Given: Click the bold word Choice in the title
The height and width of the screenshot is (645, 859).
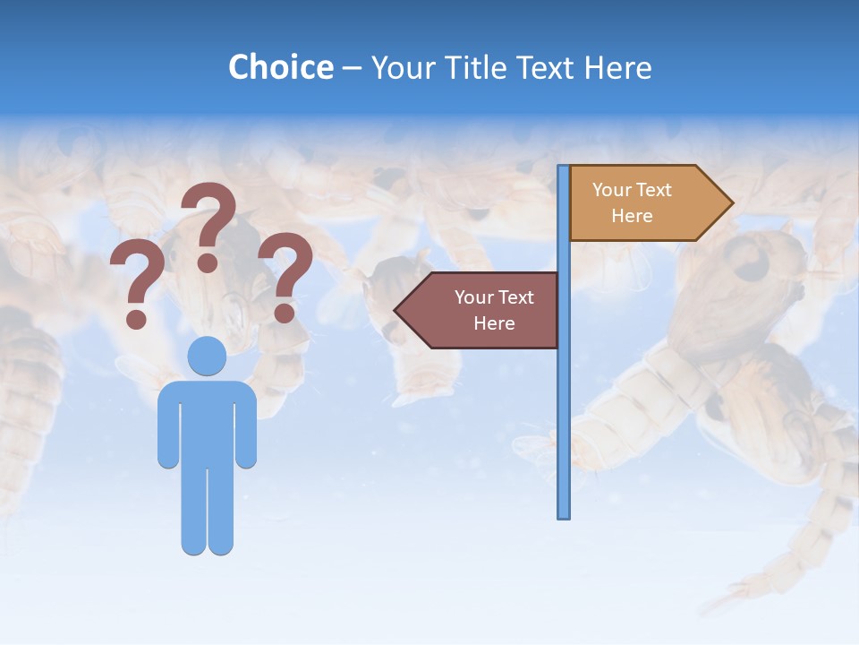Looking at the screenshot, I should coord(280,67).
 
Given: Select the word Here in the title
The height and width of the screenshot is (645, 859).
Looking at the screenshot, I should coord(617,67).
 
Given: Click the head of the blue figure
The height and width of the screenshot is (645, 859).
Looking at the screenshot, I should coord(207,356).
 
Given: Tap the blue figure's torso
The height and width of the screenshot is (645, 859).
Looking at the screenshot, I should coord(207,421).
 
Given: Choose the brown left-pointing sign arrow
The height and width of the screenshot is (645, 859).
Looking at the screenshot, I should coord(479,310).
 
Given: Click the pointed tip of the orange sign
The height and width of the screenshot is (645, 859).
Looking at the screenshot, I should coord(730,203).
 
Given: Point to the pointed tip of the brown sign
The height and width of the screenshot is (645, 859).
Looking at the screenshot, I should coord(397,310).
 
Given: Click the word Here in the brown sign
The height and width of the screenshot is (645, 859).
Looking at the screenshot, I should coord(494,323).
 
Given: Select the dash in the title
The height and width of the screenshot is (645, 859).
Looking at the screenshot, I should coord(352,67).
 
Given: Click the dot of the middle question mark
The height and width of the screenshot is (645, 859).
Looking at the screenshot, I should coord(208,262).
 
